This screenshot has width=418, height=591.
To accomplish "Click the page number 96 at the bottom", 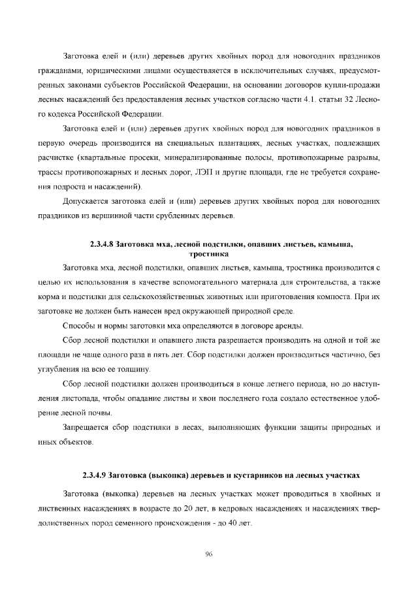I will pyautogui.click(x=209, y=554).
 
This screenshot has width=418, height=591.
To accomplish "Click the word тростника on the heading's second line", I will pyautogui.click(x=208, y=253).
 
